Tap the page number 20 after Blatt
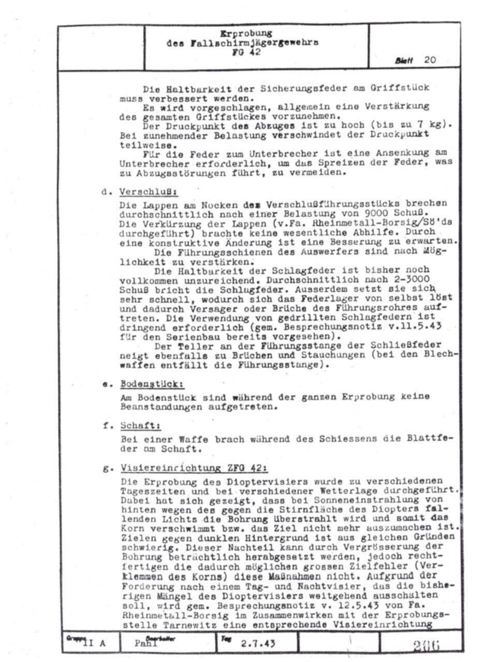pos(430,60)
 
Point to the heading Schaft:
pos(140,426)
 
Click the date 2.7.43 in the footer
pos(258,643)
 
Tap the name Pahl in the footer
pos(146,644)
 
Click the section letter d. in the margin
pos(106,192)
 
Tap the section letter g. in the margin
pos(108,469)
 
